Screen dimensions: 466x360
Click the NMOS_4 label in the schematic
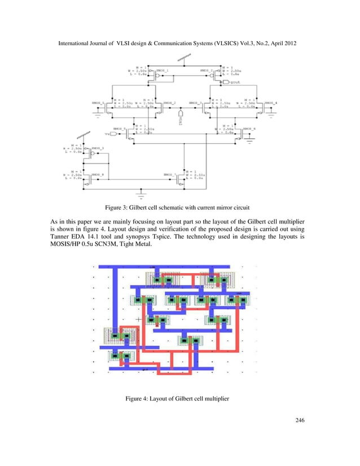(271, 103)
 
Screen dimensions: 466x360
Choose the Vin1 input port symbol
(179, 117)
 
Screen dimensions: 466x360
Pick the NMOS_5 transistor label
(118, 129)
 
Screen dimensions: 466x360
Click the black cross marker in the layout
(138, 319)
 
